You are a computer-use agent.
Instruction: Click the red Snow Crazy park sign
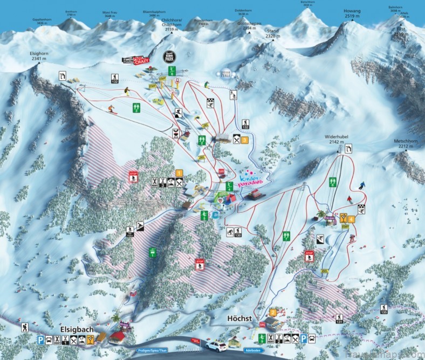click(135, 60)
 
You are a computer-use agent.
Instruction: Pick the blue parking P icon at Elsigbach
click(40, 340)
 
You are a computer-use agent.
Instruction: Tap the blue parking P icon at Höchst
click(304, 338)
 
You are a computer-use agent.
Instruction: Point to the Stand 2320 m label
click(272, 34)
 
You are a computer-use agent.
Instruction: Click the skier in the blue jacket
click(362, 185)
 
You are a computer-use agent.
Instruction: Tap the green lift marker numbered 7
click(286, 236)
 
